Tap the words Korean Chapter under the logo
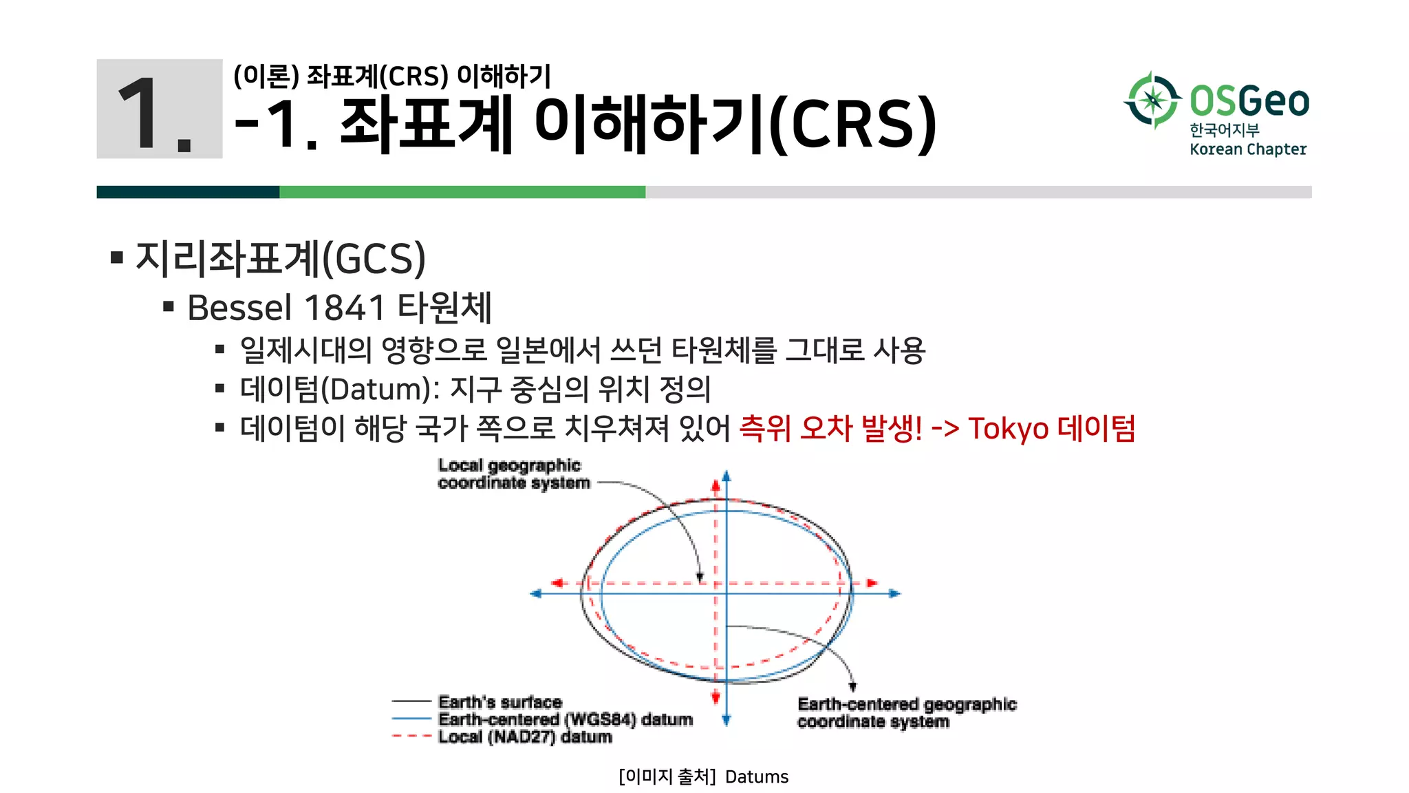(1247, 149)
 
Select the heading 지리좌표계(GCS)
(281, 259)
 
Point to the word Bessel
(239, 308)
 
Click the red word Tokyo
(1008, 428)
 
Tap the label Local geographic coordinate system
(513, 474)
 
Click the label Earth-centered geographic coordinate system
(906, 712)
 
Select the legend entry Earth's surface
(500, 702)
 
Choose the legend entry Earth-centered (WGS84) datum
(565, 719)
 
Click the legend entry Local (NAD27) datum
(525, 737)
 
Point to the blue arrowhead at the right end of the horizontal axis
(894, 593)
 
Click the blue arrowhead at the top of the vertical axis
(727, 476)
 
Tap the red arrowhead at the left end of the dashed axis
(557, 583)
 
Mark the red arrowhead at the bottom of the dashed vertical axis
(716, 698)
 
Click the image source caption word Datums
(757, 777)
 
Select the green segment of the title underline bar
(462, 192)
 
